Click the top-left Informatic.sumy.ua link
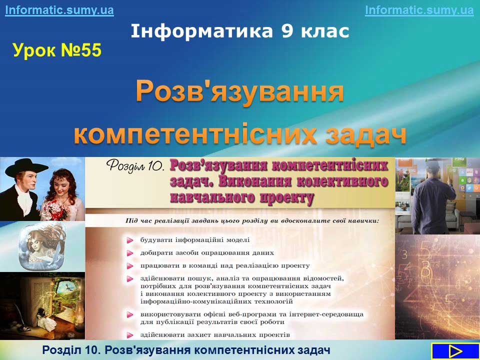pyautogui.click(x=59, y=10)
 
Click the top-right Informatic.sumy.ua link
pyautogui.click(x=419, y=10)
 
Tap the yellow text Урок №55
pyautogui.click(x=57, y=50)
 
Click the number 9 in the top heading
pyautogui.click(x=287, y=31)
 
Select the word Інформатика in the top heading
pyautogui.click(x=201, y=31)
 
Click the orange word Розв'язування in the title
pyautogui.click(x=239, y=92)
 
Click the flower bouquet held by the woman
pyautogui.click(x=55, y=209)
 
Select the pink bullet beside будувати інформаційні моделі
pyautogui.click(x=130, y=240)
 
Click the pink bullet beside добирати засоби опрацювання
pyautogui.click(x=130, y=253)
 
